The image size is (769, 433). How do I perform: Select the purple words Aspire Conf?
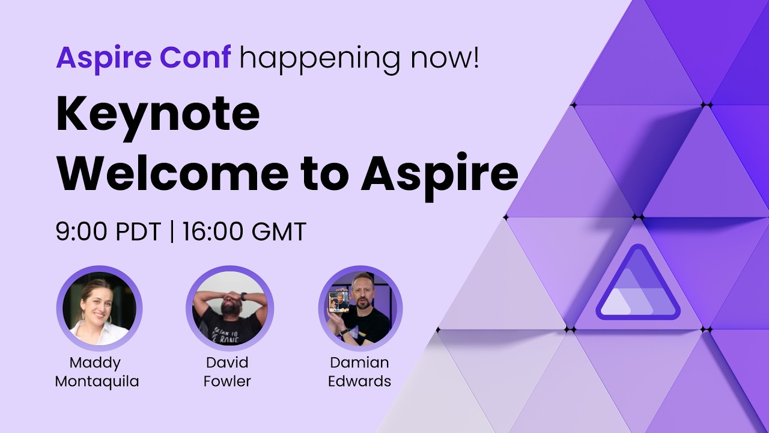pos(143,57)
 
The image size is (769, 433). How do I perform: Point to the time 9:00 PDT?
pos(108,232)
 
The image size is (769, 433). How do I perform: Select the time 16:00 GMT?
pos(245,232)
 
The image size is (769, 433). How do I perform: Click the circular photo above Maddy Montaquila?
pos(99,308)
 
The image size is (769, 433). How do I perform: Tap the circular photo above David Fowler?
pos(229,308)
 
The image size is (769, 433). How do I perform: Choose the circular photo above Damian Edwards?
pos(360,308)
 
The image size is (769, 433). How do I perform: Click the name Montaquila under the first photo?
pos(97,381)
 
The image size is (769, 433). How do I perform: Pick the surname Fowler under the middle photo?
pos(227,381)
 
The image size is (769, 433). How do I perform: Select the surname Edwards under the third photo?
pos(359,381)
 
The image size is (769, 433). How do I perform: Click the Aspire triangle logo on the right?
pos(637,286)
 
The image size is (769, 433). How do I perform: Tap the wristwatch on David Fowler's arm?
pos(244,296)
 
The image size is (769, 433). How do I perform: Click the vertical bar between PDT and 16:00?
pos(172,232)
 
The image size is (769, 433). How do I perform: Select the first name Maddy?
pos(95,363)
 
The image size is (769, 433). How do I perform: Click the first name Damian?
pos(359,363)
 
